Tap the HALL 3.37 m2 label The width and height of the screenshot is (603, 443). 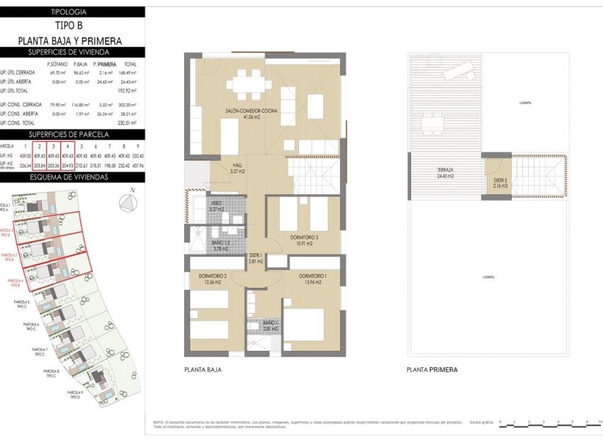coord(238,169)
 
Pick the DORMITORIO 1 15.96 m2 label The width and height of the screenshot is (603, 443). coord(312,279)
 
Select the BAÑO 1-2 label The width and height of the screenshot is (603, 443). coord(220,246)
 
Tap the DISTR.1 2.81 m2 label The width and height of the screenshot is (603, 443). coord(255,258)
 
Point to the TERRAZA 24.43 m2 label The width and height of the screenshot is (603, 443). coord(446,173)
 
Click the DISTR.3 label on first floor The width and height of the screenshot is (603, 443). coord(500,183)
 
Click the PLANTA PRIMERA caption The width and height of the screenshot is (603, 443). coord(432,370)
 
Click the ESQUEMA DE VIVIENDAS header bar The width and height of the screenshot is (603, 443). coord(69,177)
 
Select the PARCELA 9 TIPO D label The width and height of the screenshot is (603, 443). coord(77,395)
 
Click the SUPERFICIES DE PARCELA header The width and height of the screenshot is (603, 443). coord(69,134)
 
